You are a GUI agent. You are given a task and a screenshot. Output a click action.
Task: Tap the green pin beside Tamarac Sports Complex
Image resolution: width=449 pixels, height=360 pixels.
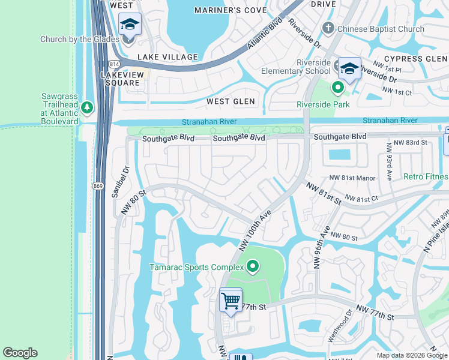[253, 266]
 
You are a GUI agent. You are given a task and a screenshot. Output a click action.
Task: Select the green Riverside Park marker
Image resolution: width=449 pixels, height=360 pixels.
[338, 89]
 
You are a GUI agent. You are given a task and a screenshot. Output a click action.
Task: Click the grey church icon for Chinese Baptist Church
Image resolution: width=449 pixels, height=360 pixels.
[328, 28]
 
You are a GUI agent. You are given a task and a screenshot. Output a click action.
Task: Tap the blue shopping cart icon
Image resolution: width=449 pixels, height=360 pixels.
[231, 301]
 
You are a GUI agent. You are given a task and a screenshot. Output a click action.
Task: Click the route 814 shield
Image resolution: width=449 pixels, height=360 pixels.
[113, 64]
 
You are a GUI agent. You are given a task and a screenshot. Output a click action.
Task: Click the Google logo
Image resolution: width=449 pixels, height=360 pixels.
[20, 353]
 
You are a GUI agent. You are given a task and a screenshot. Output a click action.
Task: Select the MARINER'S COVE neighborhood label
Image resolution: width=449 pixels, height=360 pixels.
[231, 10]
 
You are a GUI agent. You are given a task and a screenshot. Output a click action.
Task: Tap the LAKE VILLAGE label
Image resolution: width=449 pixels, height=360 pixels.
[167, 57]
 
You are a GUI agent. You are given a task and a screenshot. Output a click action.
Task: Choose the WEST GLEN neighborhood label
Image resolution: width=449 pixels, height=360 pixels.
[231, 101]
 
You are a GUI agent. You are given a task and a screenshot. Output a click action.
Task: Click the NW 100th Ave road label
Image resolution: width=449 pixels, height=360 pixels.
[255, 230]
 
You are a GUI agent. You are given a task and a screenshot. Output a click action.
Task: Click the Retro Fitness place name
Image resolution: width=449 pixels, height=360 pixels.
[426, 176]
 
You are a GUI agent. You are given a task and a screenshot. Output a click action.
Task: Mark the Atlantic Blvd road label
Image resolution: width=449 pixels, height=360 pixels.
[266, 35]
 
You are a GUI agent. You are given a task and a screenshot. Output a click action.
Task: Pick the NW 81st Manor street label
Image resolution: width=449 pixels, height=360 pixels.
[352, 178]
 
